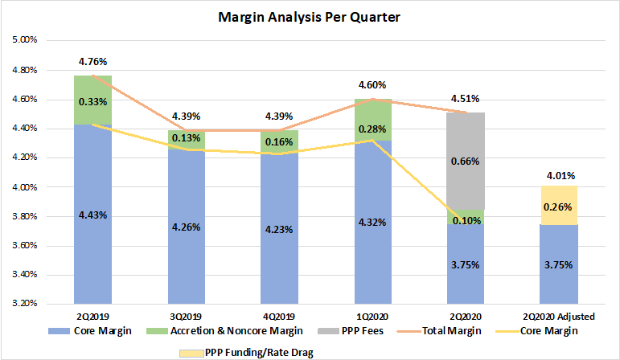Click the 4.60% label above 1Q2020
tap(372, 84)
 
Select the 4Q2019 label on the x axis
tap(279, 317)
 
